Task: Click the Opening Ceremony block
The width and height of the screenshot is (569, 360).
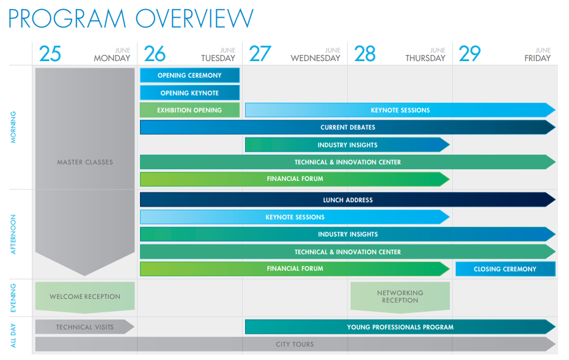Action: click(x=190, y=75)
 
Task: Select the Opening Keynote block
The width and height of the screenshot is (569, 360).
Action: click(x=190, y=92)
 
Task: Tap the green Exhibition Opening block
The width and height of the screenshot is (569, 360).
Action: click(x=190, y=110)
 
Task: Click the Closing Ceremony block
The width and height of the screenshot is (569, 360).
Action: click(x=505, y=269)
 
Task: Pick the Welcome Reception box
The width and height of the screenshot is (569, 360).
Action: click(x=85, y=297)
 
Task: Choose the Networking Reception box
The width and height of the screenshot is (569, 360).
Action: click(x=400, y=297)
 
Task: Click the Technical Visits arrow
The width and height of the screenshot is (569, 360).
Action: click(x=85, y=326)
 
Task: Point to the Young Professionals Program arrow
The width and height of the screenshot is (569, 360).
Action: click(x=400, y=326)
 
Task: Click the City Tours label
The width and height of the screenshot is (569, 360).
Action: click(x=295, y=344)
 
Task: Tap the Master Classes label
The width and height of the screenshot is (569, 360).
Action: click(x=85, y=162)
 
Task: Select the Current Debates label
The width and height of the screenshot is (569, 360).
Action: click(x=348, y=127)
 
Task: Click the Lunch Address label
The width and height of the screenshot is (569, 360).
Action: click(x=348, y=200)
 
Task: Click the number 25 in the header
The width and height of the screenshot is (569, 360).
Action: click(x=50, y=54)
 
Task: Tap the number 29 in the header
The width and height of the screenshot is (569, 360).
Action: click(x=469, y=54)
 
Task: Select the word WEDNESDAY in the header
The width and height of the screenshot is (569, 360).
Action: click(x=315, y=58)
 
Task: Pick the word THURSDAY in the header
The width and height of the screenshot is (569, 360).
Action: click(x=425, y=58)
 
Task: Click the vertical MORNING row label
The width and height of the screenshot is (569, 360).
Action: click(x=13, y=127)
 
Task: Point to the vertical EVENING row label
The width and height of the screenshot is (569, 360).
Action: click(x=13, y=298)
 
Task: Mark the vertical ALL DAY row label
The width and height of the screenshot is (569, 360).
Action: click(x=13, y=336)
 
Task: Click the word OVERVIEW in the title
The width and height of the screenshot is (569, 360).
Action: click(x=194, y=18)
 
